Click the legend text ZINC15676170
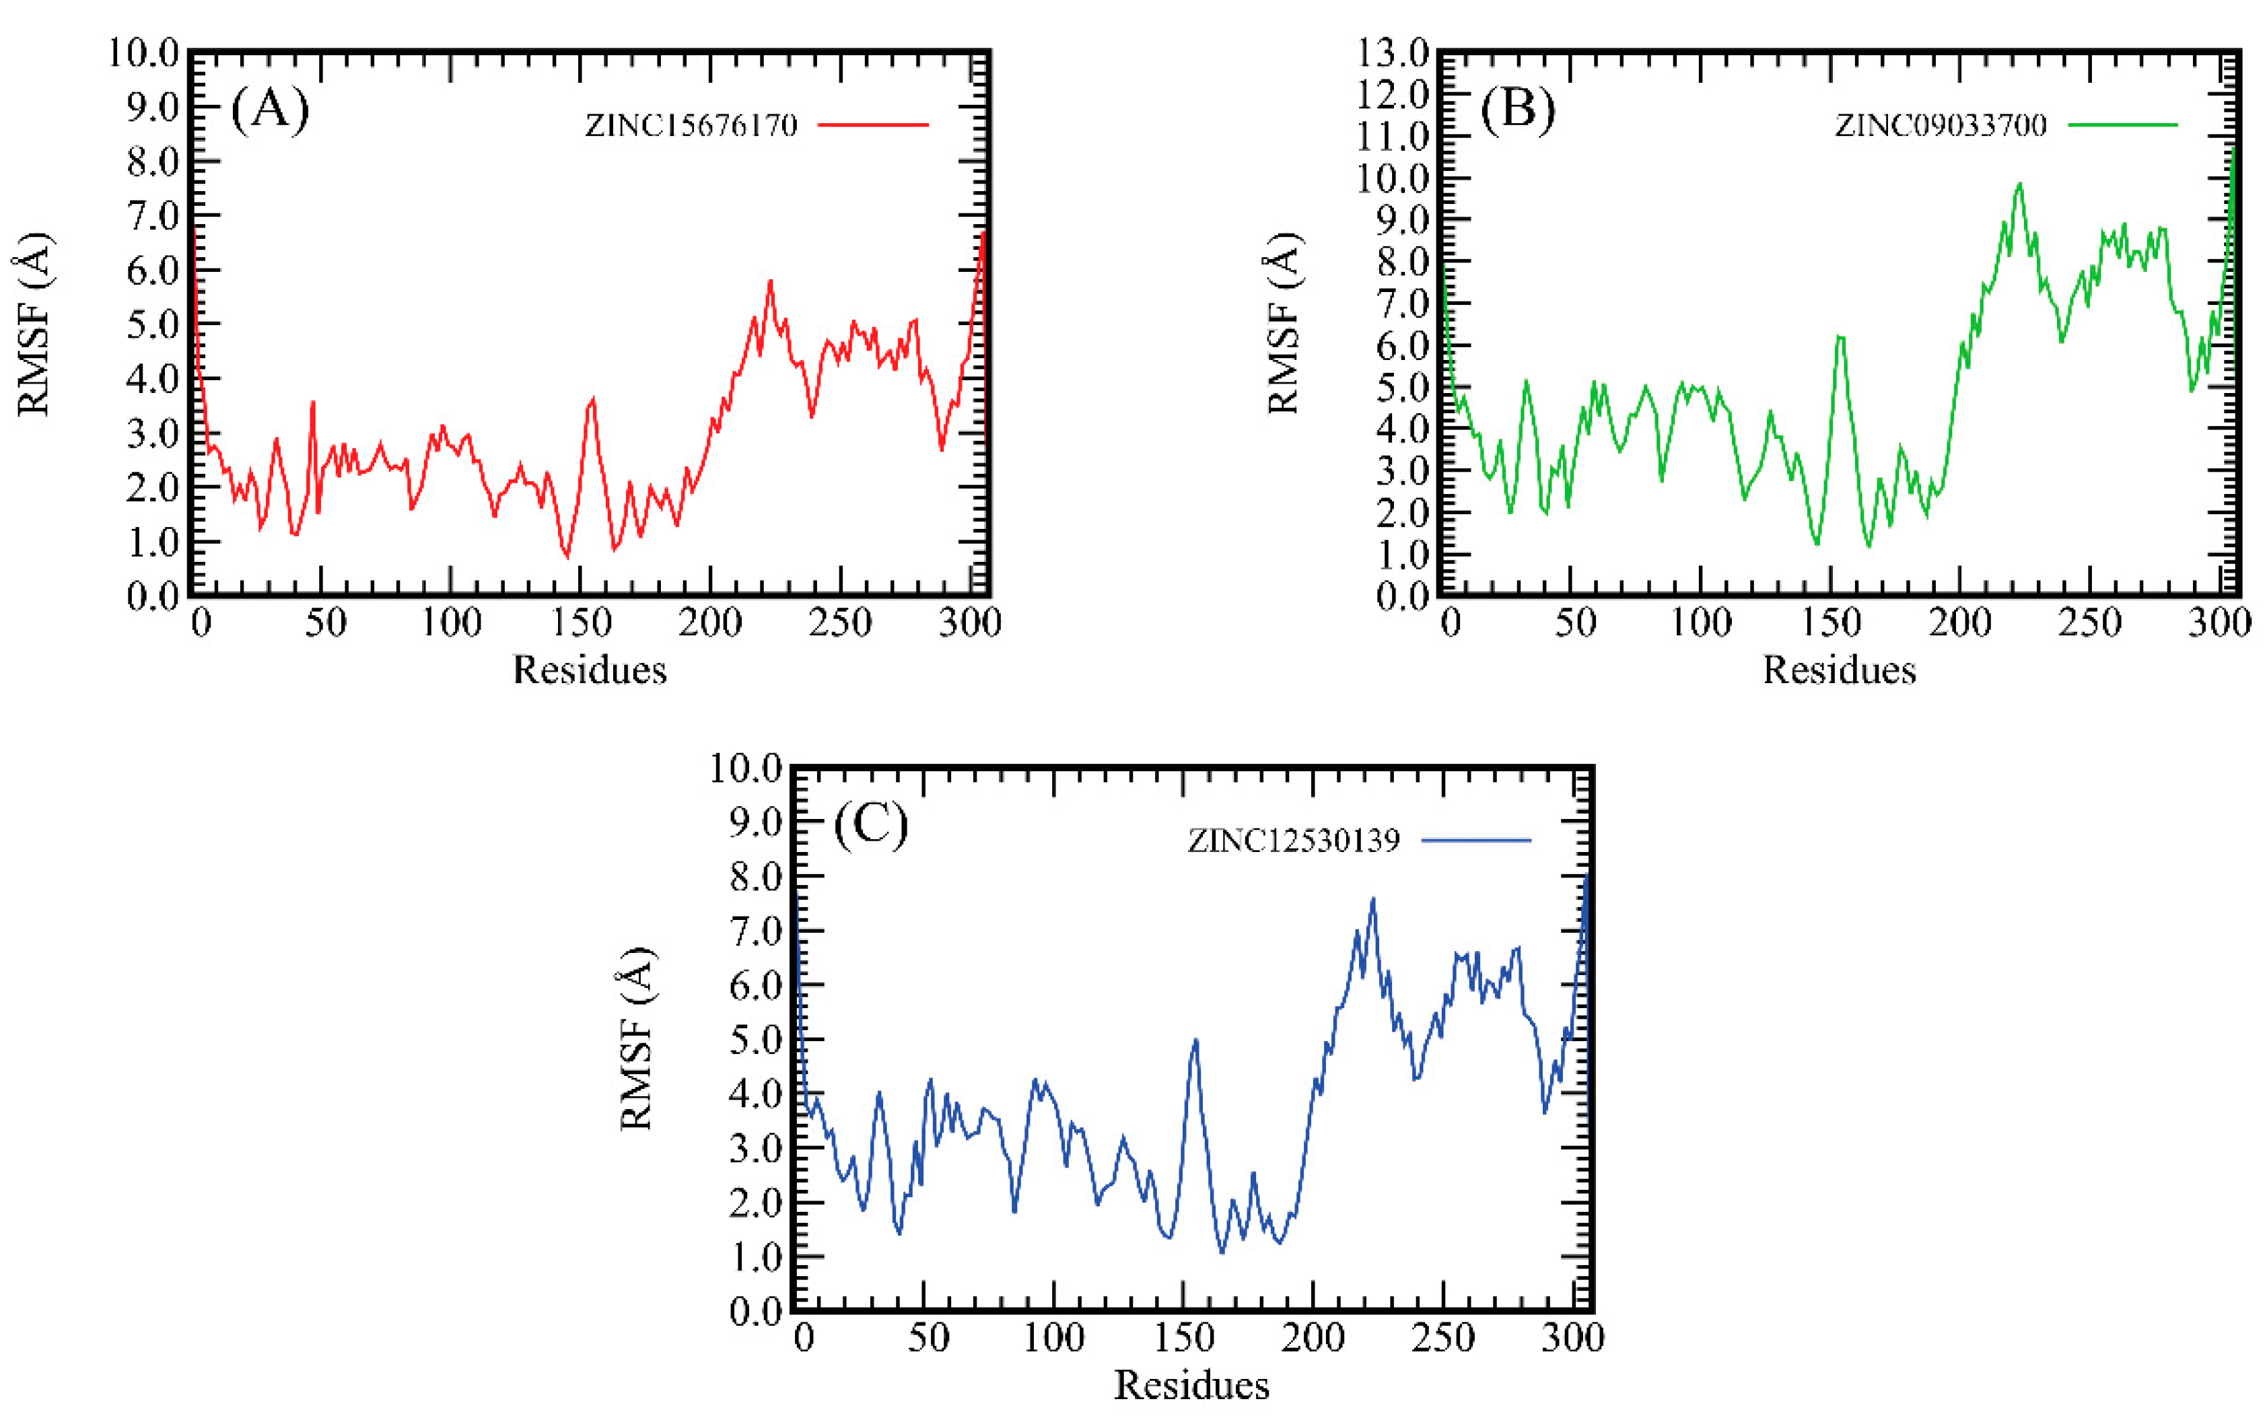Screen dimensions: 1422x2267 pos(691,125)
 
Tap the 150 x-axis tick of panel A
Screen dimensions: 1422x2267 pos(580,623)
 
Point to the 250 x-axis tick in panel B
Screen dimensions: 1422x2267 pos(2089,623)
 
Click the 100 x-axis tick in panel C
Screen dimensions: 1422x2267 pos(1053,1337)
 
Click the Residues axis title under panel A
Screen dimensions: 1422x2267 pos(589,670)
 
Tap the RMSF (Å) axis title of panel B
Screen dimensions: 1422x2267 pos(1283,322)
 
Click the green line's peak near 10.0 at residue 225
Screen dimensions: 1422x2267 pos(2019,184)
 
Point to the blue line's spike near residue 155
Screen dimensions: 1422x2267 pos(1195,1040)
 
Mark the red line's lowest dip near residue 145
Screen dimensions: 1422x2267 pos(566,557)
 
